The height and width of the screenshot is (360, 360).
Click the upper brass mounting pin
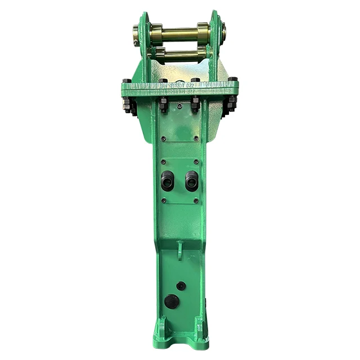(x=179, y=33)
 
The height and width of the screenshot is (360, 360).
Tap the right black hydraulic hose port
(x=191, y=180)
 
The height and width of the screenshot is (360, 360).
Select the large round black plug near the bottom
(x=172, y=301)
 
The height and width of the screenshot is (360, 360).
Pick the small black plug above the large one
(x=181, y=286)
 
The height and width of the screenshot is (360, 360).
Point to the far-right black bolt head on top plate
(x=232, y=79)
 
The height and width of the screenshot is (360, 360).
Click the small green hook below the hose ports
(x=179, y=249)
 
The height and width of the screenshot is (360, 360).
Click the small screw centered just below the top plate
(x=179, y=105)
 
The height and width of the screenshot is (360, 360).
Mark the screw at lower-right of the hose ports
(x=196, y=200)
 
